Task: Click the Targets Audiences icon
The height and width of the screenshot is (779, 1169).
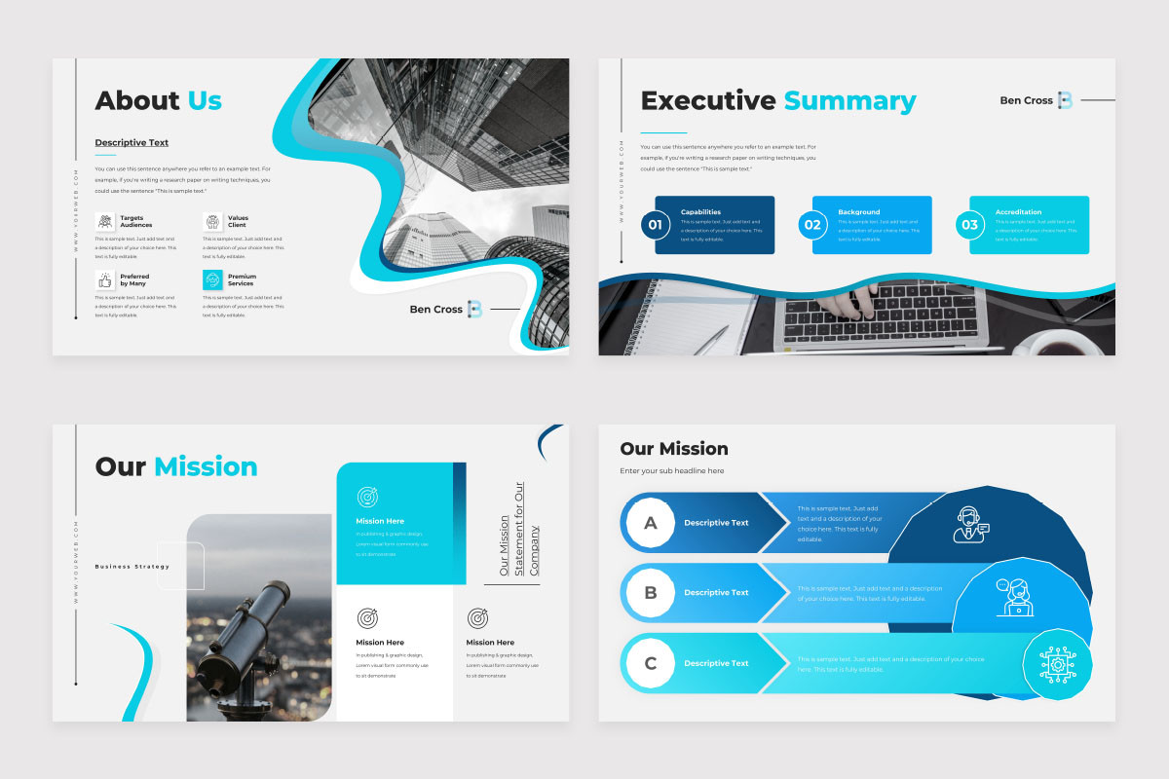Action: (x=104, y=222)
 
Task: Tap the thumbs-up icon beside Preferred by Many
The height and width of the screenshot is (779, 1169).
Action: (x=104, y=280)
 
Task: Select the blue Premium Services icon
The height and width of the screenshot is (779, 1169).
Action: (x=212, y=280)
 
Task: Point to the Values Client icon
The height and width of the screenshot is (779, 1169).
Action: (x=212, y=222)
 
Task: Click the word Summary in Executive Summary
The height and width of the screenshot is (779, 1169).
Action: (x=849, y=100)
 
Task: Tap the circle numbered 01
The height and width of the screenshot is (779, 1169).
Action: (x=655, y=225)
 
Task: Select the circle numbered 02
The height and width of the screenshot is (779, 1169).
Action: (x=811, y=225)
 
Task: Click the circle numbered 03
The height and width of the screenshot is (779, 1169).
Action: (x=969, y=225)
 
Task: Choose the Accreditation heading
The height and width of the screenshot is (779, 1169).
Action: (x=1018, y=211)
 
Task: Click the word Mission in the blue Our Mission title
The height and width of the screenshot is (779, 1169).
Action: (x=206, y=466)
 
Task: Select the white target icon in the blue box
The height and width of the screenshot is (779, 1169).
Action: (x=367, y=497)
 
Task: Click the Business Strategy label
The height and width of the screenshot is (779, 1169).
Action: (x=132, y=566)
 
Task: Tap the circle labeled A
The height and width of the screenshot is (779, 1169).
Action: (x=651, y=523)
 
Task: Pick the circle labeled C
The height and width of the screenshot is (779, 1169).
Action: (x=651, y=664)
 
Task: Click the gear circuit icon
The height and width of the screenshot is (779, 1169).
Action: (x=1056, y=664)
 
